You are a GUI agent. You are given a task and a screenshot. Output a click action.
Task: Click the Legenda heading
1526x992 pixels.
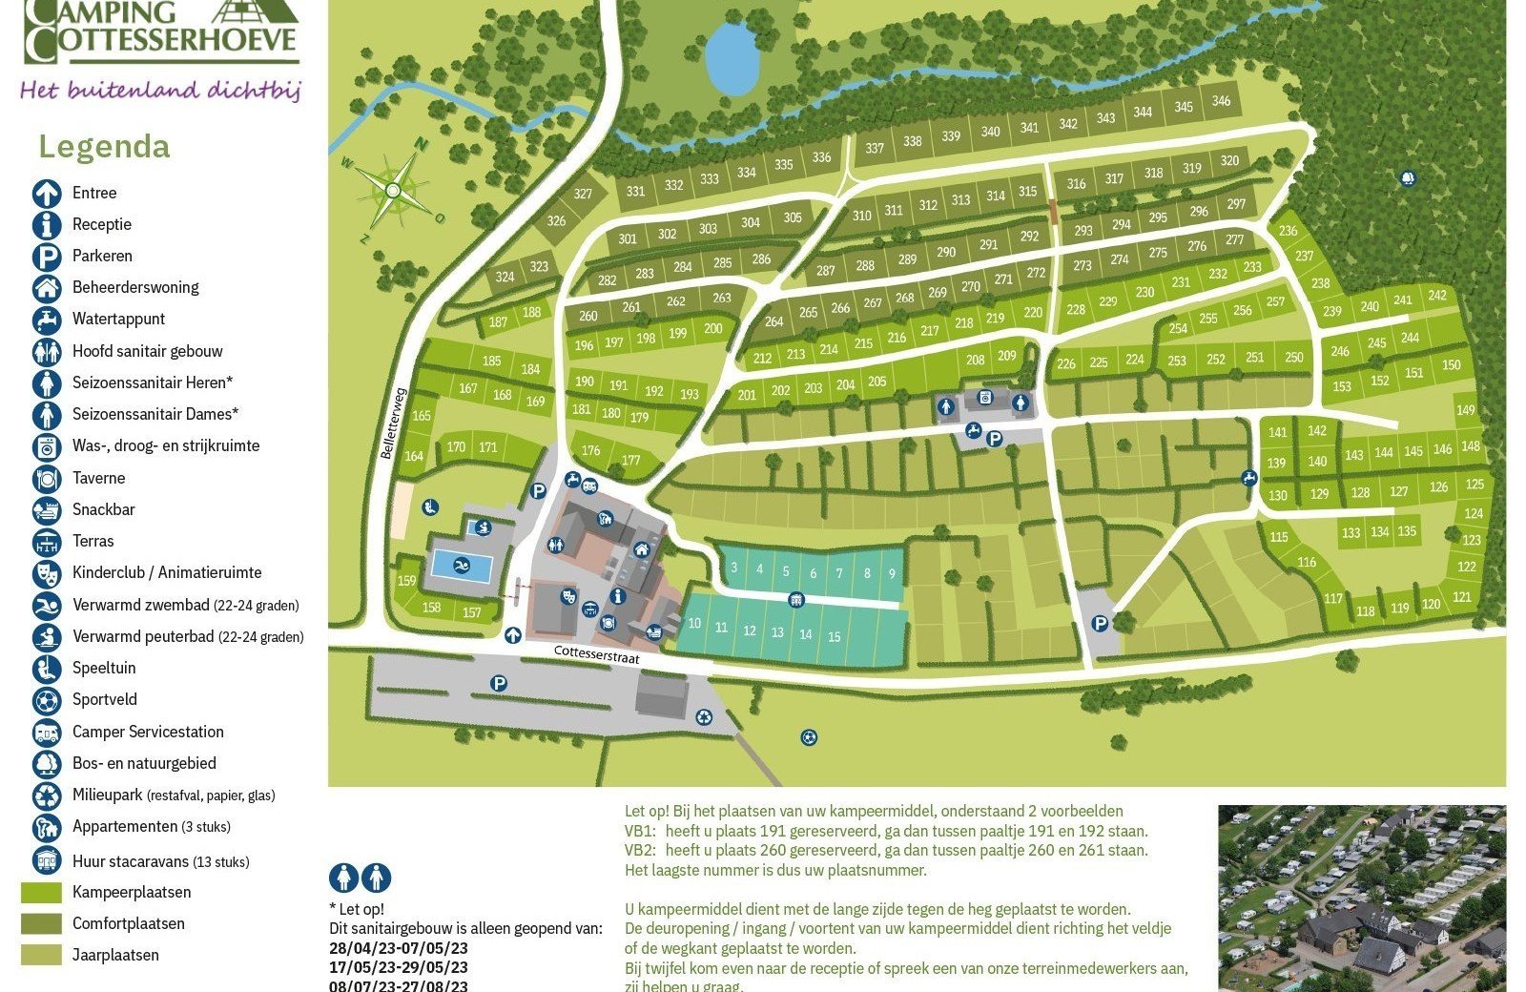click(x=104, y=147)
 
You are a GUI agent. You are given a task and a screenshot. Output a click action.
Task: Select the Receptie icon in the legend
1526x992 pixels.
click(x=47, y=225)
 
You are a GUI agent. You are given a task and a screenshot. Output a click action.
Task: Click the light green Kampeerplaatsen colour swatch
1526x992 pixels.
click(x=41, y=893)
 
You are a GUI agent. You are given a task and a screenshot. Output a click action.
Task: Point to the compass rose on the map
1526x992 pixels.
click(x=392, y=190)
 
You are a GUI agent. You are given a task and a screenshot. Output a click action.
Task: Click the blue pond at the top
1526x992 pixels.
click(x=732, y=58)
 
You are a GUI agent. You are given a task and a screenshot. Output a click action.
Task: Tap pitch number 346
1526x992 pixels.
click(x=1221, y=101)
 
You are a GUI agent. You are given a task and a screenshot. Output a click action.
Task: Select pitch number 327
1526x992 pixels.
click(x=583, y=194)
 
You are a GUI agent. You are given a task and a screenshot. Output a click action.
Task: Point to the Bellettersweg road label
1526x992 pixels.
click(x=393, y=423)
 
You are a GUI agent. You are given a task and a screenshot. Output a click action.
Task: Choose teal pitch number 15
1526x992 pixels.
click(x=835, y=636)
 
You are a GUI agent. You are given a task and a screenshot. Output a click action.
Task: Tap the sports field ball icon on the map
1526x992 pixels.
click(x=809, y=737)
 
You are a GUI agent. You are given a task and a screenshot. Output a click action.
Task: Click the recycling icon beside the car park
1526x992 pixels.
click(x=704, y=717)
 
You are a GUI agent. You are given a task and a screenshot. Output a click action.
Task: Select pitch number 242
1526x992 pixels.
click(x=1437, y=296)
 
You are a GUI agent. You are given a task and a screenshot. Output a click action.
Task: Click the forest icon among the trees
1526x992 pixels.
click(x=1408, y=178)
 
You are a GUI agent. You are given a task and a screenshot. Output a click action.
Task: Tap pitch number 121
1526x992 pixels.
click(x=1462, y=597)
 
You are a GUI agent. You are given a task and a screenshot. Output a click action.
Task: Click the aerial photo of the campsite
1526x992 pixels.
click(x=1361, y=898)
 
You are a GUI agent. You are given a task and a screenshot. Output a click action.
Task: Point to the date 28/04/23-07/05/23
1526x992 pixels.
click(x=399, y=948)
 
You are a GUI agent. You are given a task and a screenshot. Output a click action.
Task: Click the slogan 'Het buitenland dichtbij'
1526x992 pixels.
click(x=160, y=91)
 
